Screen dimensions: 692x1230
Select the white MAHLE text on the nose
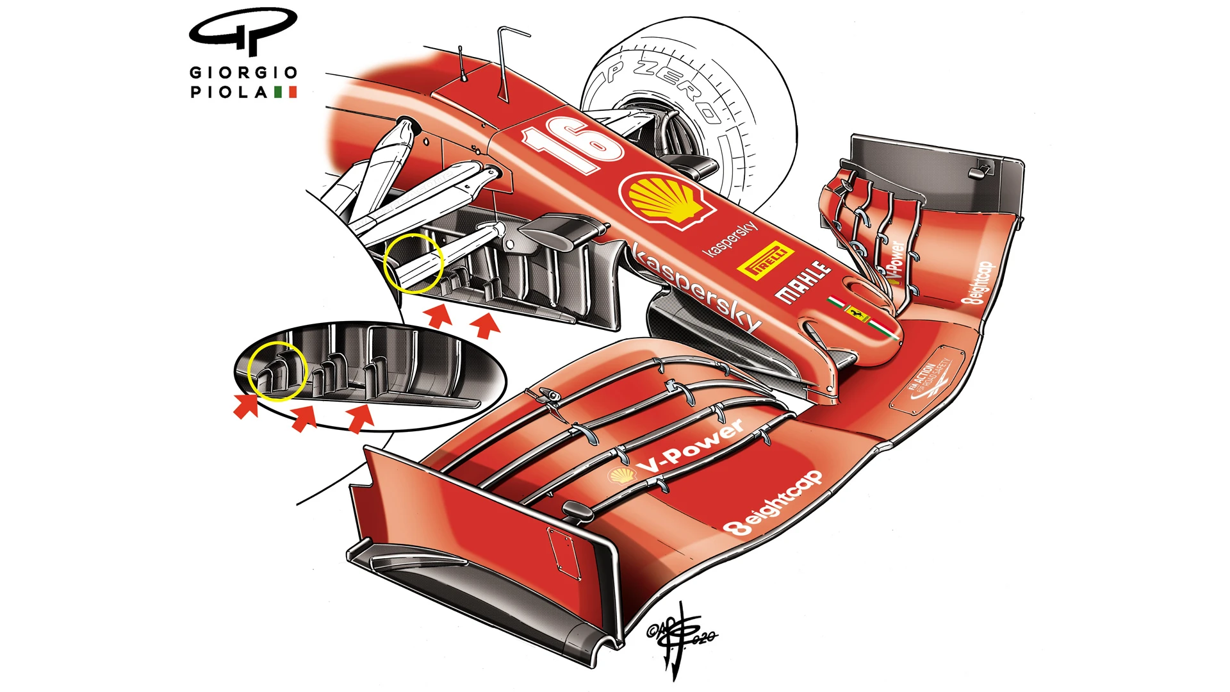802,281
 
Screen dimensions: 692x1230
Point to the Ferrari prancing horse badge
857,313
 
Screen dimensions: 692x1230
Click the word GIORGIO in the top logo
243,72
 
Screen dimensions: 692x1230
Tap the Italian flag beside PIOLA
286,92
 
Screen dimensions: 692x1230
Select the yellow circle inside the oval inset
277,371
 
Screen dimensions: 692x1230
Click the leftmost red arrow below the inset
245,406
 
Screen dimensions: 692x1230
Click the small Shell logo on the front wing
622,475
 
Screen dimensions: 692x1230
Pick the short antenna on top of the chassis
462,64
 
